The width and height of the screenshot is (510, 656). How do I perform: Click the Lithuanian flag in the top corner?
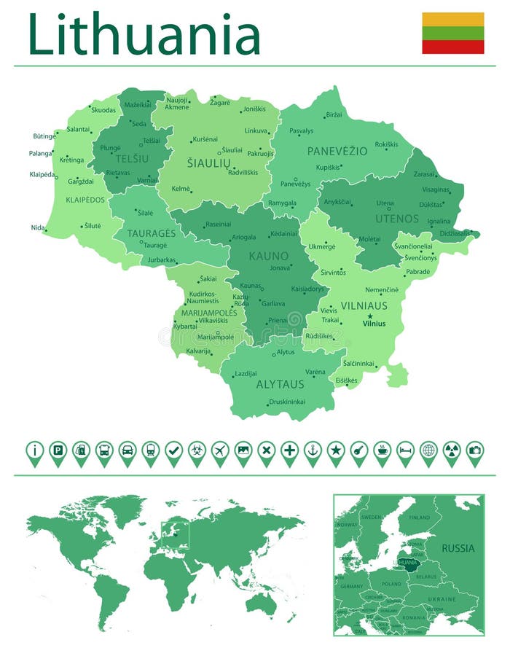(452, 33)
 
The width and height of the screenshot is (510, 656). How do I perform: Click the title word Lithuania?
(144, 34)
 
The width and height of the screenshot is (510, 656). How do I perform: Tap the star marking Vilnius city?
(370, 316)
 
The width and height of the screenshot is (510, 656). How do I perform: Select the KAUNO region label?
(268, 256)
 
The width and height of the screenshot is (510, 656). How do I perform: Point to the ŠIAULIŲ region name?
(209, 163)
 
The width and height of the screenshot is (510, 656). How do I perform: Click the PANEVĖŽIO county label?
(337, 152)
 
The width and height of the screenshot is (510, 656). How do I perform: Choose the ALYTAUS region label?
(280, 384)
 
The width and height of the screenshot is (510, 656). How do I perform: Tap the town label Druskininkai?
(287, 402)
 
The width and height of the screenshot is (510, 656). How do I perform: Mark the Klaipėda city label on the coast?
(42, 175)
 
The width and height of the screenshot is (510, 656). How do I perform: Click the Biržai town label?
(334, 115)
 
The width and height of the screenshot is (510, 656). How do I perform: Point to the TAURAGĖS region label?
(152, 233)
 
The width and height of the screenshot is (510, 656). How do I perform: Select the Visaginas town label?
(436, 190)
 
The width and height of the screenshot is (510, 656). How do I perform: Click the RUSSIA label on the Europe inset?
(458, 548)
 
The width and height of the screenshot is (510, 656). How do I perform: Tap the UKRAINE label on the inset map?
(442, 599)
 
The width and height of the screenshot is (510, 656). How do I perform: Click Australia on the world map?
(260, 601)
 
